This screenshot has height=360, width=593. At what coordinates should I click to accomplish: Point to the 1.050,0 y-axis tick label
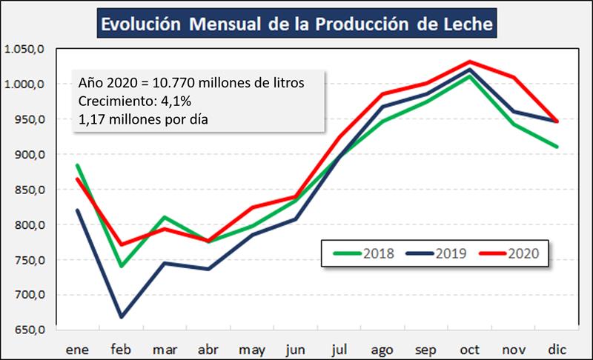(x=25, y=49)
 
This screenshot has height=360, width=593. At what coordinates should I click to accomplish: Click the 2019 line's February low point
(x=120, y=317)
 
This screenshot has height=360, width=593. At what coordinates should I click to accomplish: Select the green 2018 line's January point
(x=78, y=165)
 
